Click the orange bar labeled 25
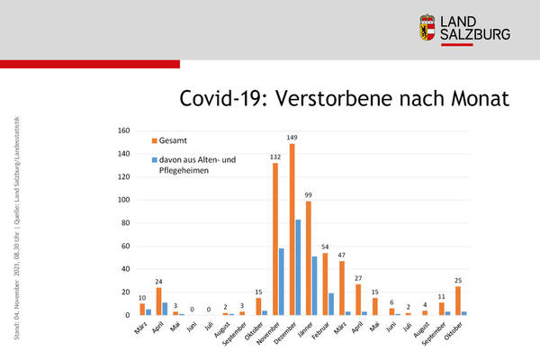click(x=457, y=301)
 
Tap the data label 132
click(x=275, y=157)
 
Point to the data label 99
click(x=309, y=195)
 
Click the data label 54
click(x=326, y=247)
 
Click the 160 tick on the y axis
click(x=124, y=130)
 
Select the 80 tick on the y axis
click(x=126, y=222)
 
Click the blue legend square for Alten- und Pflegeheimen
click(x=154, y=160)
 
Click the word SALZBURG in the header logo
click(x=477, y=34)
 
